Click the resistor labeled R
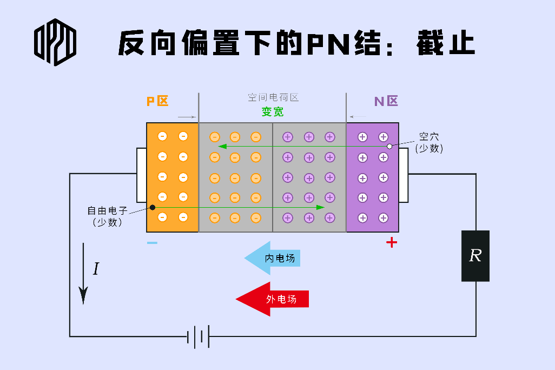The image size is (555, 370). point(475,256)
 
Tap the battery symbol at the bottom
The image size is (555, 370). point(198,336)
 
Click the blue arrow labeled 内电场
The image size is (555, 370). point(273,258)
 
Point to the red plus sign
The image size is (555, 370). point(392,242)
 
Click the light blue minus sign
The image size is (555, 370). point(152,242)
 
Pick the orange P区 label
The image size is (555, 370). point(157,101)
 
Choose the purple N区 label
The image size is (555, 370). point(386,101)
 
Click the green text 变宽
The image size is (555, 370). point(273,112)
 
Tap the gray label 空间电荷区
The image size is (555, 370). point(273,97)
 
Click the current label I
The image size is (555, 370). point(96,269)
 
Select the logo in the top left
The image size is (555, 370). point(55,42)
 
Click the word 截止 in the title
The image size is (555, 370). point(446,43)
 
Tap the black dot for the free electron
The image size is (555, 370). point(153,207)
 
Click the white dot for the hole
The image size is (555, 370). point(389,147)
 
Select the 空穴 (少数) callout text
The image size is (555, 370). point(429,143)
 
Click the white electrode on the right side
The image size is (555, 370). point(404,175)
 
